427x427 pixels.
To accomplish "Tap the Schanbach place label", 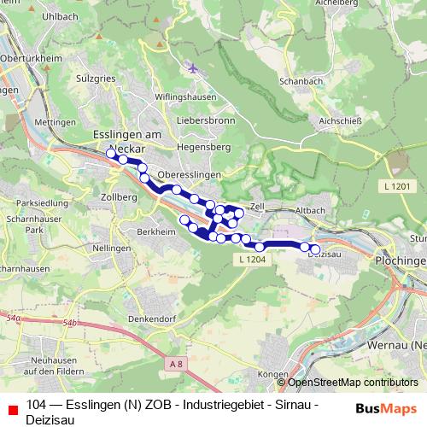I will tap(298, 81).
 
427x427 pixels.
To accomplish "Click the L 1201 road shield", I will tap(397, 186).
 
